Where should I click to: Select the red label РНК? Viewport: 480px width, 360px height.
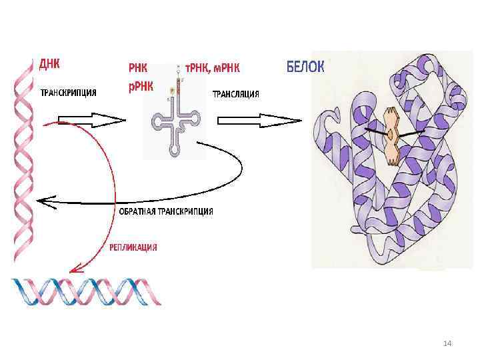tap(138, 67)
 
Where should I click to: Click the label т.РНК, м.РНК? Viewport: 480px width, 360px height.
tap(212, 68)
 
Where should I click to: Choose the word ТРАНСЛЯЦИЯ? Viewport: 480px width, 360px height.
tap(235, 94)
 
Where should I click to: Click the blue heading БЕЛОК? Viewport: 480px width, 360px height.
tap(306, 67)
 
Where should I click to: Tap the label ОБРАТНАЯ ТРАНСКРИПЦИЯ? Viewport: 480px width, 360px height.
tap(167, 211)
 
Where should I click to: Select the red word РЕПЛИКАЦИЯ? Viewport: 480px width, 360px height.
tap(133, 247)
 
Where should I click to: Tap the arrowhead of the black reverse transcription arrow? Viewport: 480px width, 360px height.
tap(43, 199)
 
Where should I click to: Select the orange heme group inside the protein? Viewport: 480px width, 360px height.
tap(391, 134)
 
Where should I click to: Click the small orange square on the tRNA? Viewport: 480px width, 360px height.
tap(172, 89)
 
